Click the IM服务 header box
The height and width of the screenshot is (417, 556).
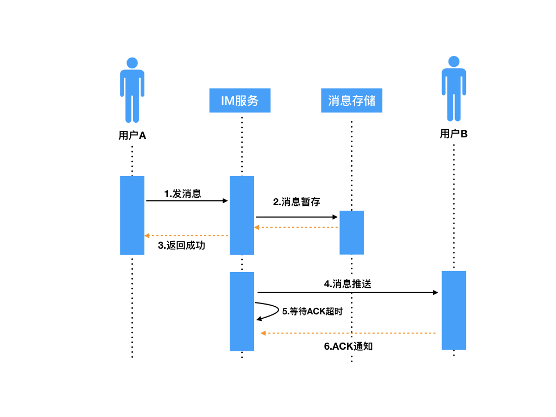click(x=239, y=100)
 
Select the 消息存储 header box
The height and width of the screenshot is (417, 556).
click(x=351, y=100)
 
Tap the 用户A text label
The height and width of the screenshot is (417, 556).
click(x=132, y=136)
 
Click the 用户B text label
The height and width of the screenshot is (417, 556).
click(x=453, y=134)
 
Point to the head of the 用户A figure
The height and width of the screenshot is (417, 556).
click(x=132, y=62)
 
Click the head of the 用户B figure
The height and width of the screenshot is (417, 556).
click(x=453, y=61)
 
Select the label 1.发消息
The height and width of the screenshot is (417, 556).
click(x=182, y=194)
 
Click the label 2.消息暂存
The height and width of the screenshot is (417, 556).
click(x=296, y=202)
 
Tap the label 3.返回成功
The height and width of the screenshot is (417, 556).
click(x=182, y=245)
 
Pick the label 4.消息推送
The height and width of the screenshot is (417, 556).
click(x=347, y=283)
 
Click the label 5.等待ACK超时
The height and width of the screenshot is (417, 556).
click(x=312, y=311)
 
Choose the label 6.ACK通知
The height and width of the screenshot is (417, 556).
click(x=348, y=346)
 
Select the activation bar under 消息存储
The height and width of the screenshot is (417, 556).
click(x=351, y=232)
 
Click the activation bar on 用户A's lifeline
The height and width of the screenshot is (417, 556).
click(x=132, y=215)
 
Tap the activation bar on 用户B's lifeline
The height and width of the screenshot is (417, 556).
click(x=453, y=310)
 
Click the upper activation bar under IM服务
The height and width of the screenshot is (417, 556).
click(x=242, y=215)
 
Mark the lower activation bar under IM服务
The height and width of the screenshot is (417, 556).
click(x=242, y=311)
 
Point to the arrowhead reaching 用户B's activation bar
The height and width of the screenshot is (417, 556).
click(x=435, y=293)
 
